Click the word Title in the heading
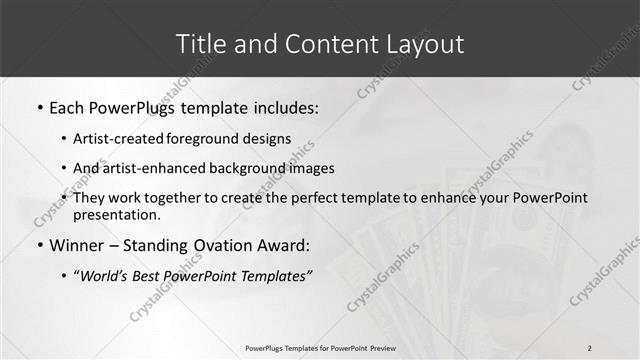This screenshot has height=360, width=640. click(200, 44)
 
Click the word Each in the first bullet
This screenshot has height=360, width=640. click(67, 107)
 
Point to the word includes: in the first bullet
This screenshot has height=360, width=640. click(284, 107)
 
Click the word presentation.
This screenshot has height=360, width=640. click(116, 214)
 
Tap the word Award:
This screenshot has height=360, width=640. click(286, 245)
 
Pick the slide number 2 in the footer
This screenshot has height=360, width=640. click(589, 348)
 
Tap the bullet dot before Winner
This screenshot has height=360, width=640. click(39, 245)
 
